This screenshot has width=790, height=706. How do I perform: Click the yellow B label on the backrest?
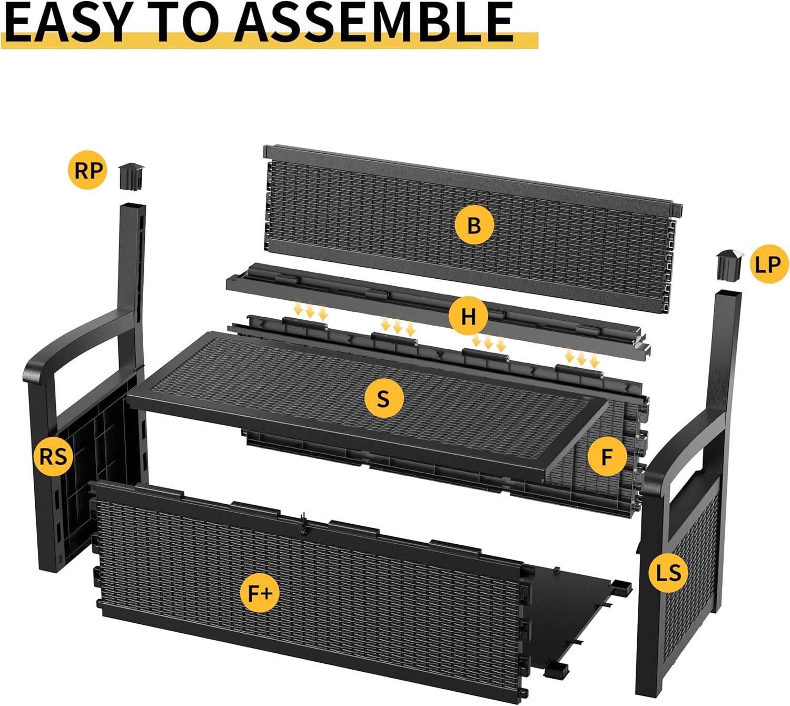[474, 225]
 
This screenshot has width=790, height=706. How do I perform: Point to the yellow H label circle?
[468, 317]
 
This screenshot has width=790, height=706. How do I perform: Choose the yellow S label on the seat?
[383, 399]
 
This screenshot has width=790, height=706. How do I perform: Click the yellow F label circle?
[607, 457]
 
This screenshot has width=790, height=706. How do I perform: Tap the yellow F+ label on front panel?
[260, 593]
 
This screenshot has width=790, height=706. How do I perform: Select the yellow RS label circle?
[53, 456]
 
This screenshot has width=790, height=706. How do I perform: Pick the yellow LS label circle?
[668, 572]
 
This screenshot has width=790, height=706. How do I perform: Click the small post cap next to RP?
[131, 177]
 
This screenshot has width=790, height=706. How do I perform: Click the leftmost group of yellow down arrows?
[310, 311]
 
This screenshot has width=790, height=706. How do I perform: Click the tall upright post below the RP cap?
[131, 253]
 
